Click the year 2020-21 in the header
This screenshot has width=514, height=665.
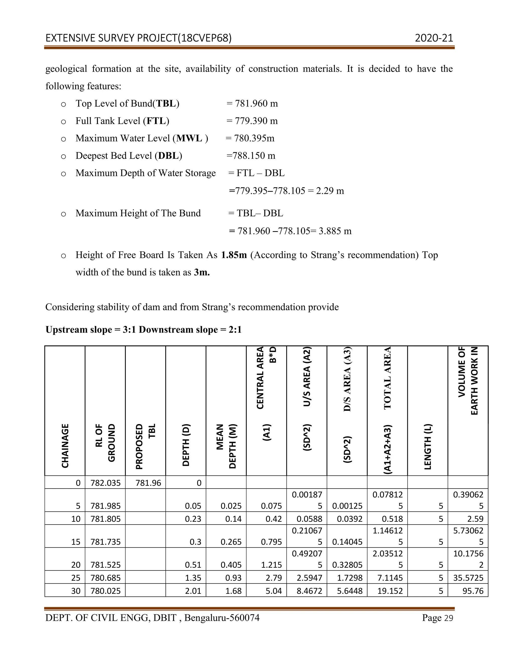coord(434,38)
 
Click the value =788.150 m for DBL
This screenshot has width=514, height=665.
coord(251,156)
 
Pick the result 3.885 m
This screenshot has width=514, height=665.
coord(335,231)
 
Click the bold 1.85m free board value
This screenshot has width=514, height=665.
coord(234,255)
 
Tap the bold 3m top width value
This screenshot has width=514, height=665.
coord(202,272)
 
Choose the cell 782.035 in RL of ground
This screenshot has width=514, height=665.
coord(105,483)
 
